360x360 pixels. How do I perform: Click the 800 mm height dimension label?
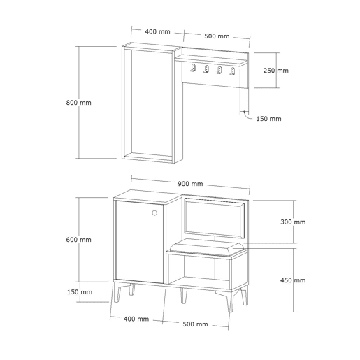78,103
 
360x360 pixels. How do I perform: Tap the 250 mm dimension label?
276,71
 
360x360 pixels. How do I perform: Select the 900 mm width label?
190,184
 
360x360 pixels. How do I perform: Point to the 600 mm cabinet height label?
78,240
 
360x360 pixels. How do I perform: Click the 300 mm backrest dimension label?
293,222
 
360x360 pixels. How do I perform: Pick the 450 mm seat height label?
293,280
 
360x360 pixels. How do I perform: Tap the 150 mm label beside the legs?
80,292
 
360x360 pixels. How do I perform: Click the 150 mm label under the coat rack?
268,119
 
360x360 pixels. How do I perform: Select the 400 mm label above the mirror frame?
157,31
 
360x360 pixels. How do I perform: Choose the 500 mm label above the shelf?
217,36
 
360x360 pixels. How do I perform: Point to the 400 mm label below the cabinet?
136,319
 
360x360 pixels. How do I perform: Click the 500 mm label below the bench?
195,324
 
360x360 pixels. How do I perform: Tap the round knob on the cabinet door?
154,213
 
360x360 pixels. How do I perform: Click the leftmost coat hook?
193,69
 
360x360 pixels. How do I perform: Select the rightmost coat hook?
232,71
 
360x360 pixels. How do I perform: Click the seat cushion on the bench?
207,247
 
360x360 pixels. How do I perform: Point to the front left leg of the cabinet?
117,293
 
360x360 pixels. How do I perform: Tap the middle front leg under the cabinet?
184,296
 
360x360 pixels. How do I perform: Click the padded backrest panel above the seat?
215,218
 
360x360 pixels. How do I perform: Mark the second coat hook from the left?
206,69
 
